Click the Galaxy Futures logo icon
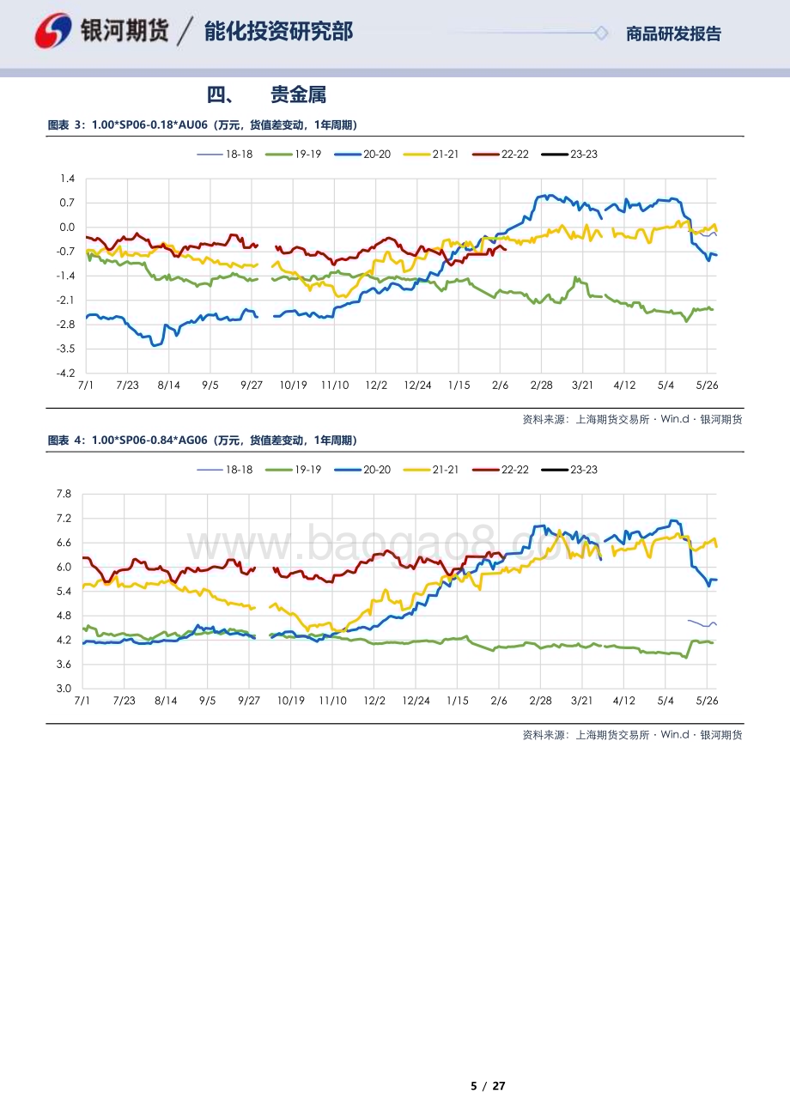[53, 31]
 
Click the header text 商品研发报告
[673, 34]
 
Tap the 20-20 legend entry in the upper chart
[363, 154]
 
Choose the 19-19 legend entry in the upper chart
[295, 154]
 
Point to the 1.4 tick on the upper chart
[68, 179]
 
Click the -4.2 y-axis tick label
[66, 374]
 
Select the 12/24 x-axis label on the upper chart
[417, 386]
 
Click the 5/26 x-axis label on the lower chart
[706, 701]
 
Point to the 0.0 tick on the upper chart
[67, 228]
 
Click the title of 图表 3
[202, 125]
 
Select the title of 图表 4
[202, 441]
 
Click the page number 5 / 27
[488, 1086]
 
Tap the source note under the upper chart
[632, 420]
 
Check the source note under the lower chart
[632, 735]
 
